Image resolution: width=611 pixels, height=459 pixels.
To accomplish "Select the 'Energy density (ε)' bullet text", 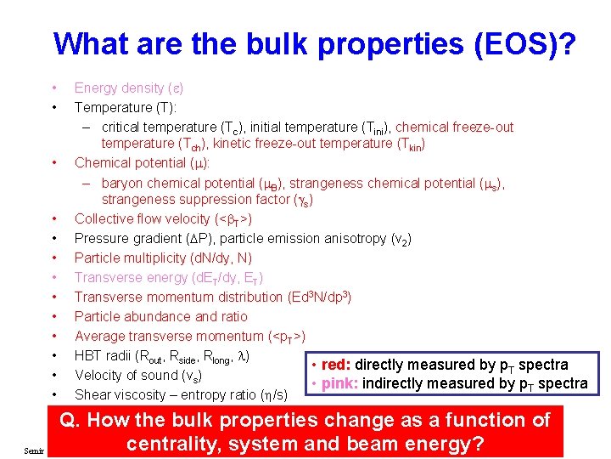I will [129, 88].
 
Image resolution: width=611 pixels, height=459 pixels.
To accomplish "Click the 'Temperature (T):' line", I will [126, 107].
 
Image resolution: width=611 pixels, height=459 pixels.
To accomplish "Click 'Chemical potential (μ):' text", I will [143, 162].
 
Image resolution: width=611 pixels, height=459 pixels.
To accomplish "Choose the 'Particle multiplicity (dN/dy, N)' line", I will [163, 258].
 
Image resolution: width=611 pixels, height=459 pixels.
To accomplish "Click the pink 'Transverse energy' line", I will [168, 277].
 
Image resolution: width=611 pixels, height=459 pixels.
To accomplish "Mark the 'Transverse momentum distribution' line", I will [212, 297].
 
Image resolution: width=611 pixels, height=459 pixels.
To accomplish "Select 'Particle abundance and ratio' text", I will [160, 316].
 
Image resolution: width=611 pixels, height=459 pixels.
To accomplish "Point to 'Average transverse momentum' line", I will [190, 336].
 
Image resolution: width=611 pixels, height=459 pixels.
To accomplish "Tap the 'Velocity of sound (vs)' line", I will [137, 375].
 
